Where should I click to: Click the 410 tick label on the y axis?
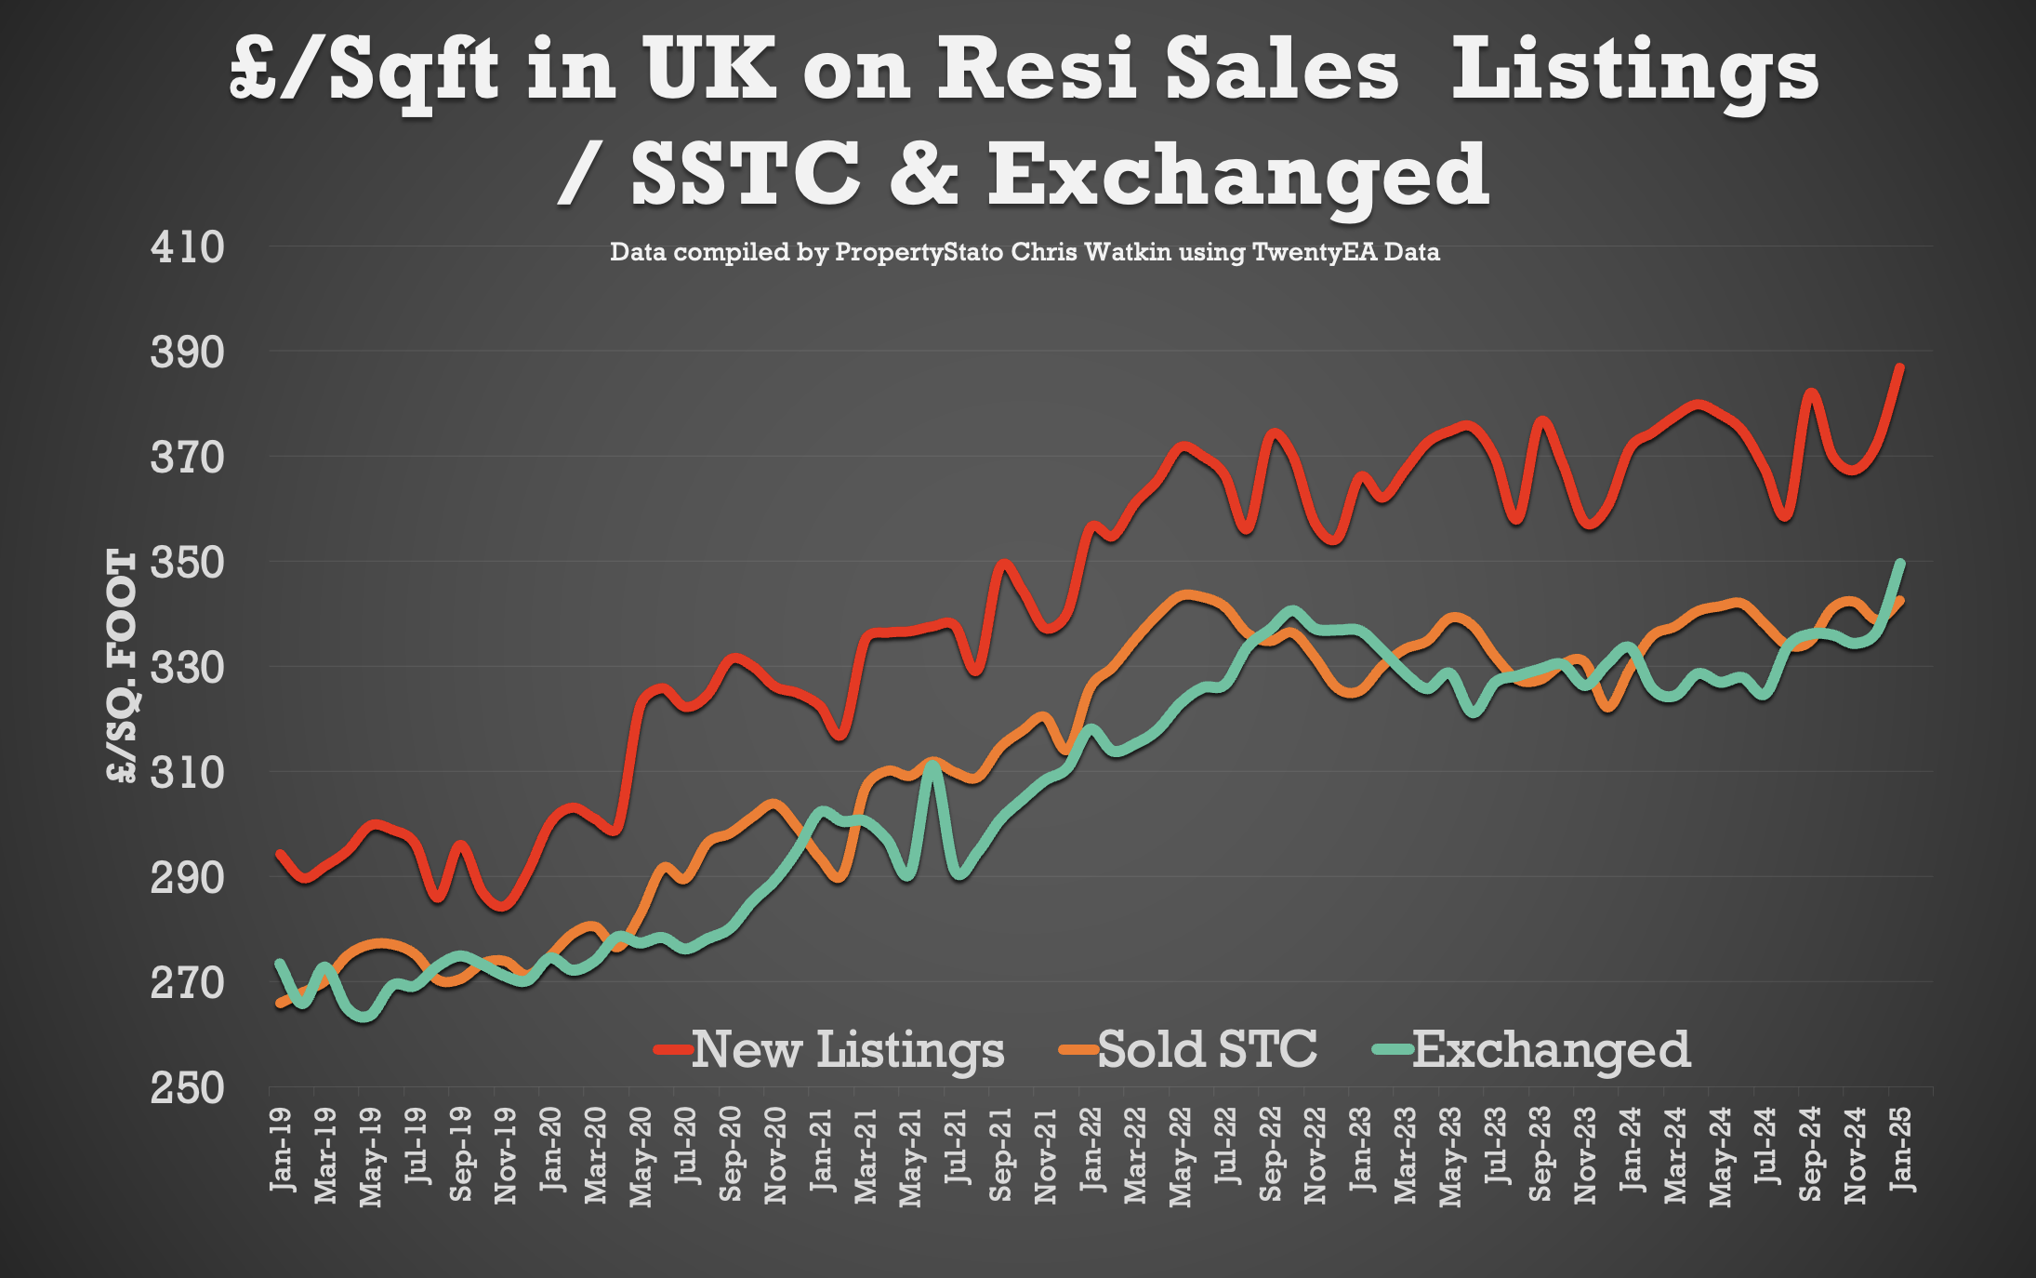[187, 247]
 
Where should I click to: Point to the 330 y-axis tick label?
[187, 667]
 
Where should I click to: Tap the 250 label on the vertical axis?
[187, 1086]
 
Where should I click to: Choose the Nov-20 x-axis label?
[774, 1156]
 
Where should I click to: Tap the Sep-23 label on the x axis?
[1540, 1154]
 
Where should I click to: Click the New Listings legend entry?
[829, 1050]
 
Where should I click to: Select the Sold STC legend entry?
[1188, 1050]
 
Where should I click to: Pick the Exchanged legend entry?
[1531, 1050]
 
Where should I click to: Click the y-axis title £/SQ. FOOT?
[122, 666]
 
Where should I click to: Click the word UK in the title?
[709, 69]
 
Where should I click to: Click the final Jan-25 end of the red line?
[1900, 367]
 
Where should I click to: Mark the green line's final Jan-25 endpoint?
[1900, 563]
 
